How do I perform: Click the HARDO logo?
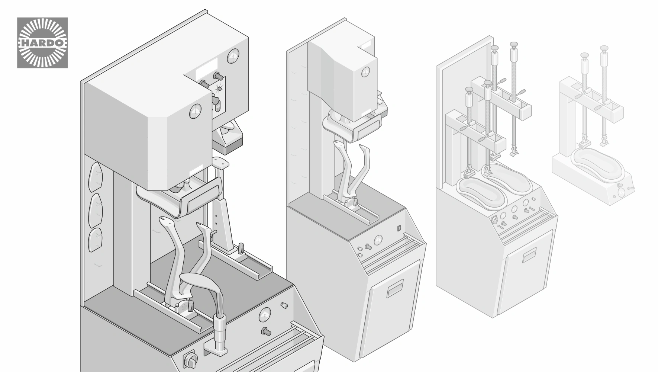(42, 43)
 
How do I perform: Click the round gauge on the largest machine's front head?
(195, 111)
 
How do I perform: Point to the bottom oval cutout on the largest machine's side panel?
(95, 240)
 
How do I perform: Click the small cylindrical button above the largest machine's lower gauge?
(284, 305)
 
